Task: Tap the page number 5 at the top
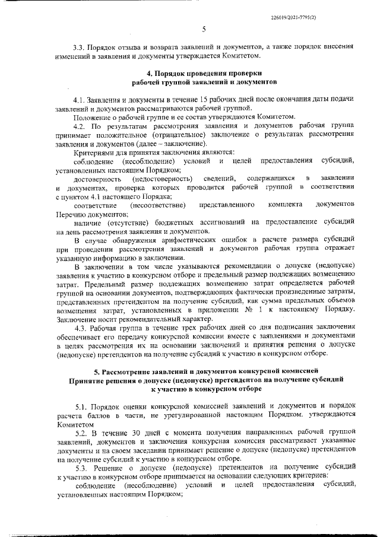click(204, 28)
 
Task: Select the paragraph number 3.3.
click(78, 46)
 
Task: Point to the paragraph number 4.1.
click(78, 98)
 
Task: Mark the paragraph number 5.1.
click(78, 405)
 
